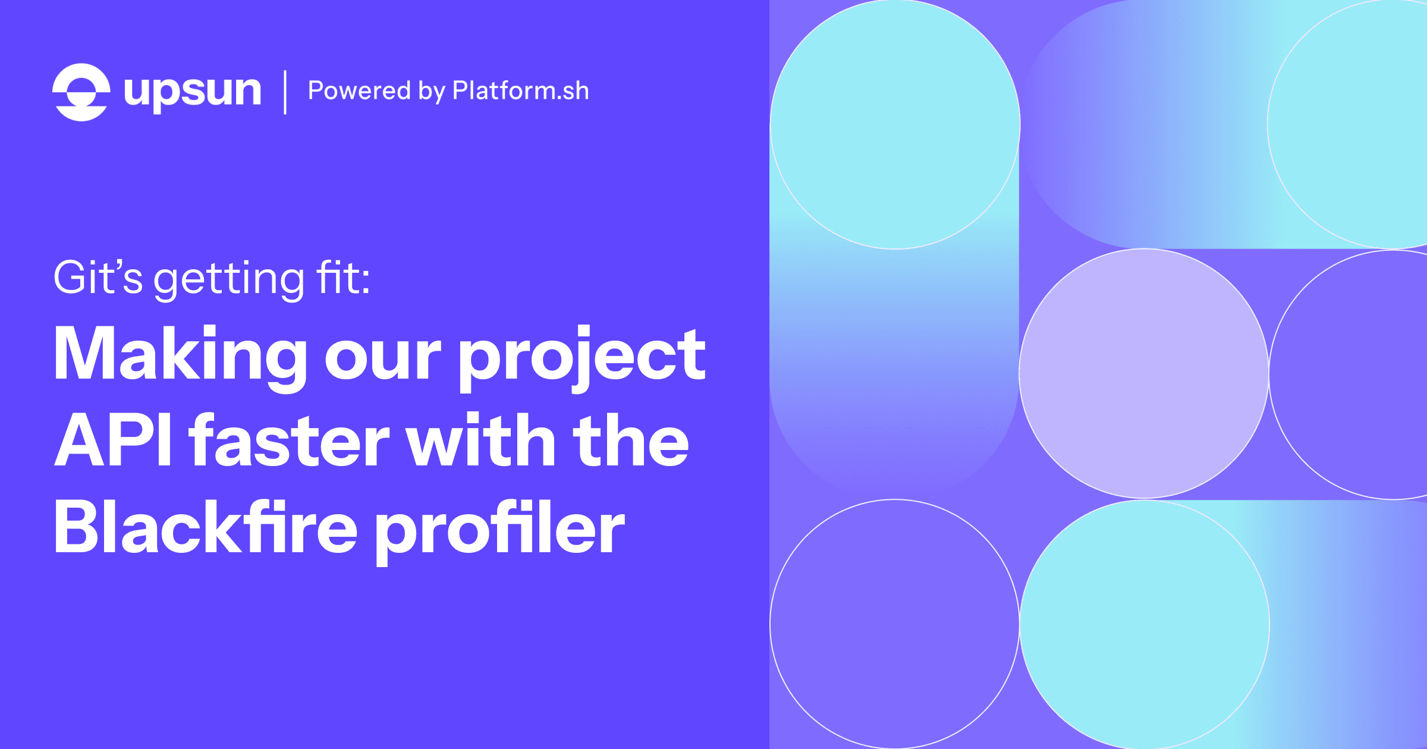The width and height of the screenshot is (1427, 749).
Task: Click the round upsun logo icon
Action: (81, 92)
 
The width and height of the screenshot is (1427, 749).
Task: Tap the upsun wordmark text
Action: (192, 92)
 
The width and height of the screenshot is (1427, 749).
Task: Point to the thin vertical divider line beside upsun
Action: (285, 92)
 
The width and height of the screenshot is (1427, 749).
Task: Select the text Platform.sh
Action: (520, 91)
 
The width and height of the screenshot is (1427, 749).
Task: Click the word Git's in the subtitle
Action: (98, 278)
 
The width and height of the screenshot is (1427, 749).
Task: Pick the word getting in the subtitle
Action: (229, 279)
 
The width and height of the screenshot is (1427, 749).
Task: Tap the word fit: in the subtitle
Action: (343, 277)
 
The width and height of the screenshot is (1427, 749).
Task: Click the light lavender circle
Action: (1144, 373)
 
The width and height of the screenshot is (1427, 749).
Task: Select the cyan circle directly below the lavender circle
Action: (1144, 624)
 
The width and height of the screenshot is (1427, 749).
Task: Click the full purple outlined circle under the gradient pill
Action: (895, 624)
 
